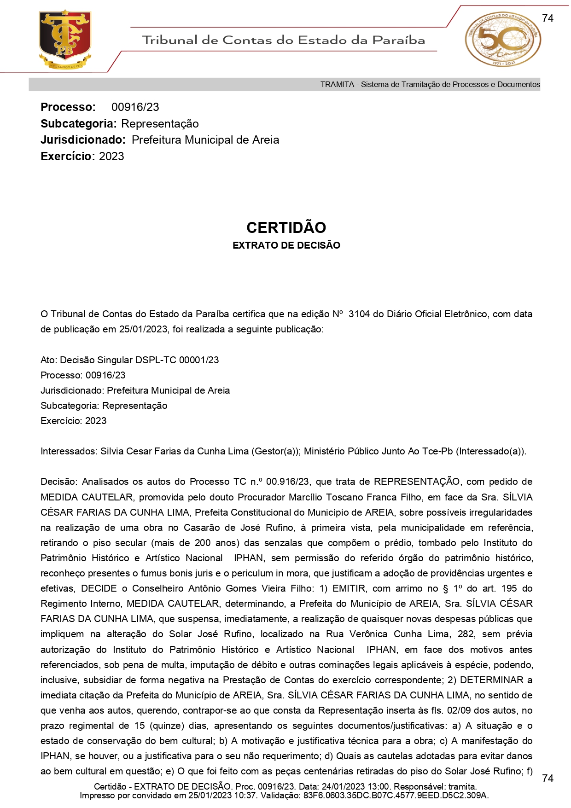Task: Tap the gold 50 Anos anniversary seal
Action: [502, 40]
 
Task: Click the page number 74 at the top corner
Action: [548, 18]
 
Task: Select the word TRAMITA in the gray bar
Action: [337, 85]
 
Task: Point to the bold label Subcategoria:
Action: [78, 124]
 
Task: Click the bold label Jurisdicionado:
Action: [83, 140]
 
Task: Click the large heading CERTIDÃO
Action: [286, 228]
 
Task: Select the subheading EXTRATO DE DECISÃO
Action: [286, 245]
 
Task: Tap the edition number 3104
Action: [359, 314]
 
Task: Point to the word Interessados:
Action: [69, 451]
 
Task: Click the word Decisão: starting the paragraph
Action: [59, 482]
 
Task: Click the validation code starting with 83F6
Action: [396, 795]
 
